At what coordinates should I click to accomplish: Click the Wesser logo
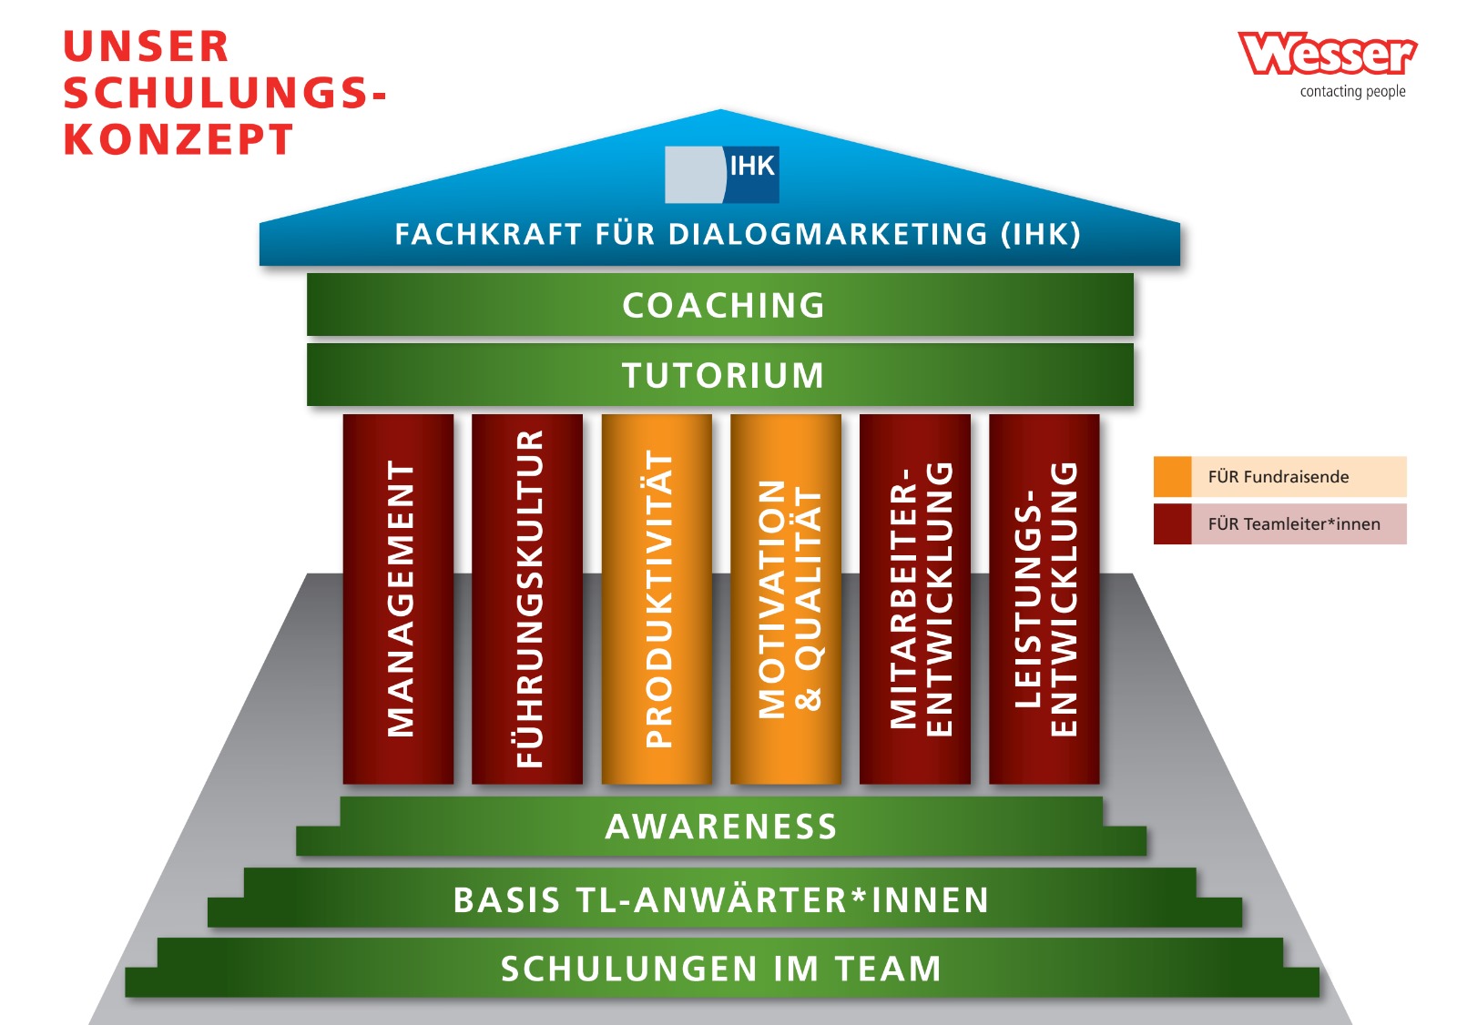1327,54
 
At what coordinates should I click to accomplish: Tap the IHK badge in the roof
721,174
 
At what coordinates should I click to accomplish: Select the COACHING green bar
720,305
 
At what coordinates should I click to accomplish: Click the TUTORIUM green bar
720,375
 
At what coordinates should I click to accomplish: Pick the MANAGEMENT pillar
398,599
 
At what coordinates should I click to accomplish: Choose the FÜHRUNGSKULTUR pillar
527,599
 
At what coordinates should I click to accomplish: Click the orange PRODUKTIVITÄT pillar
657,599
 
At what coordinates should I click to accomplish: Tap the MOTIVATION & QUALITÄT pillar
786,599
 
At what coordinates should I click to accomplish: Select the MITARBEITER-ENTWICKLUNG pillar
915,599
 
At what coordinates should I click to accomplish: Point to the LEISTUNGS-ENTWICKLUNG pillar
1044,599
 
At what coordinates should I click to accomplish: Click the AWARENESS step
720,827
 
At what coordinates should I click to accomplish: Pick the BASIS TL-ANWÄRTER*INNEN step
720,899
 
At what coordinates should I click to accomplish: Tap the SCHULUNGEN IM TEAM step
720,969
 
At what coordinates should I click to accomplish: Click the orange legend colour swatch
1173,477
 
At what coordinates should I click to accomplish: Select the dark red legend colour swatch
1173,524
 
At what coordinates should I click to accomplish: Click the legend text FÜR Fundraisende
1278,477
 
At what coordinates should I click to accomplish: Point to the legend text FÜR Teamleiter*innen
1293,524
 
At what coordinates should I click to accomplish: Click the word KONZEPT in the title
178,140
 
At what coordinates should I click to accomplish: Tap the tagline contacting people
1352,91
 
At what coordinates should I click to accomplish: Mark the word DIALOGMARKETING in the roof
828,235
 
